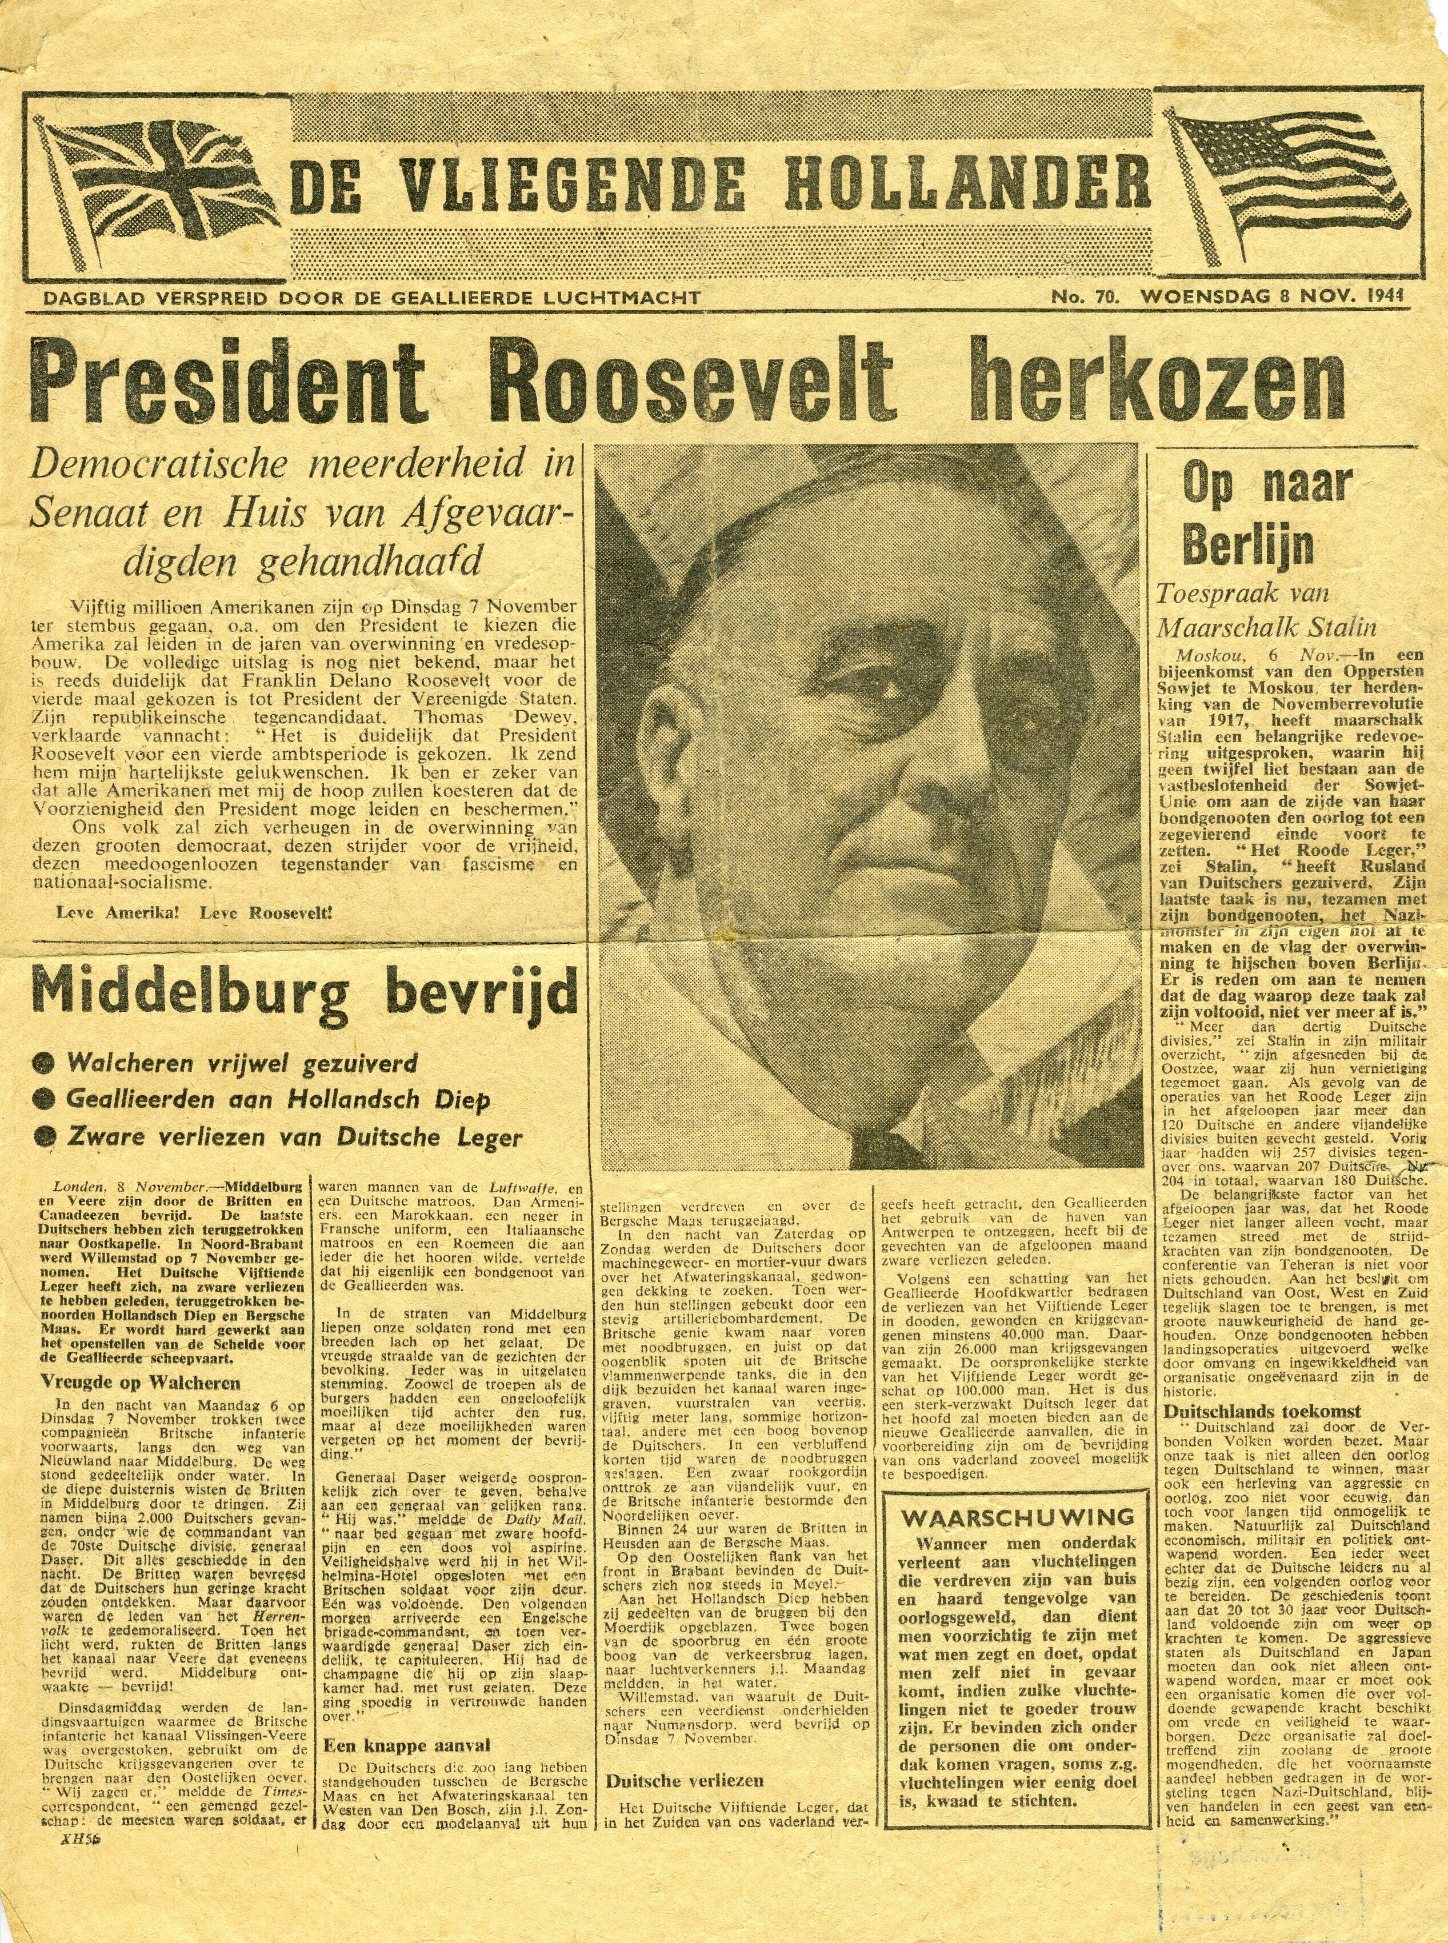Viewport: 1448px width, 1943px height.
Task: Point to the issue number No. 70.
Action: (1084, 298)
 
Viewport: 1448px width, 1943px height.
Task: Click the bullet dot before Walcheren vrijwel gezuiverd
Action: (41, 1063)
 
